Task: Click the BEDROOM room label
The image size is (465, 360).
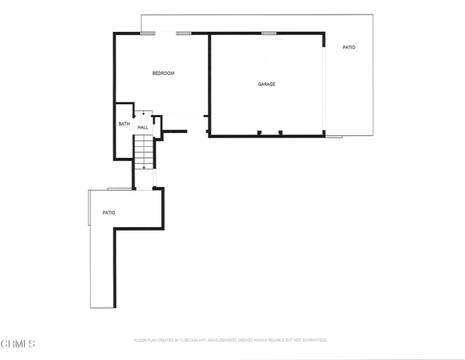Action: pyautogui.click(x=163, y=73)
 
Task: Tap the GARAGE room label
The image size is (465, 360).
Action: pyautogui.click(x=267, y=84)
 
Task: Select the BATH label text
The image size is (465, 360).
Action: pyautogui.click(x=124, y=124)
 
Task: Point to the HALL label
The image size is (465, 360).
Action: pyautogui.click(x=143, y=127)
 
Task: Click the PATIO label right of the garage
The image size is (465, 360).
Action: pyautogui.click(x=349, y=47)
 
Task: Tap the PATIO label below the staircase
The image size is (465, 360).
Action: pyautogui.click(x=108, y=212)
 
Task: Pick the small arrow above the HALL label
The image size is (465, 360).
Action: pyautogui.click(x=144, y=113)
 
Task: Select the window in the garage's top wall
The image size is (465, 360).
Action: pyautogui.click(x=269, y=33)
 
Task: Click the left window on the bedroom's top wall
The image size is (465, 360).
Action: pyautogui.click(x=147, y=33)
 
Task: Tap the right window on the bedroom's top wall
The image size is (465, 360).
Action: pyautogui.click(x=183, y=33)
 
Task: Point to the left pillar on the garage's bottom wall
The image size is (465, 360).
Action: pyautogui.click(x=259, y=132)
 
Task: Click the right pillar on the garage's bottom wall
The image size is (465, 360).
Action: pyautogui.click(x=280, y=132)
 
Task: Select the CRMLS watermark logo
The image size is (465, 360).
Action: pyautogui.click(x=17, y=343)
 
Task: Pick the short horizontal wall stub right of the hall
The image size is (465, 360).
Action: pyautogui.click(x=175, y=132)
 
